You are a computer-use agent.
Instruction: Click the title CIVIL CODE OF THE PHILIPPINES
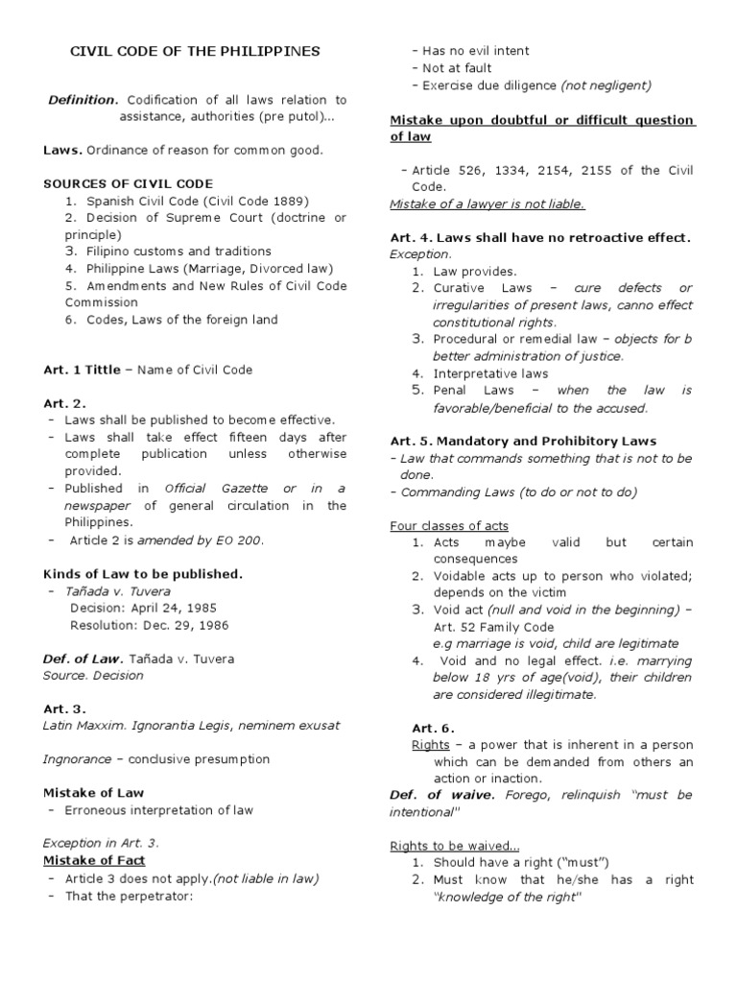[x=196, y=52]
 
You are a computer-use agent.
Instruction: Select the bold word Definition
[x=83, y=100]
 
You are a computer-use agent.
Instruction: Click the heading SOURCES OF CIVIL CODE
[x=129, y=183]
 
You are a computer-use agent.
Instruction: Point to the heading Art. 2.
[x=64, y=403]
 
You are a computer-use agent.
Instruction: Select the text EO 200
[x=241, y=540]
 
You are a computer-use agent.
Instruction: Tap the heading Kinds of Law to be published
[x=143, y=574]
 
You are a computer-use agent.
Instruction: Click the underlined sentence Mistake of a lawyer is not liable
[x=487, y=204]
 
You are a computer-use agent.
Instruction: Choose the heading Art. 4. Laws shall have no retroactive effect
[x=540, y=237]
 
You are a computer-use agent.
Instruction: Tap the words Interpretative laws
[x=490, y=373]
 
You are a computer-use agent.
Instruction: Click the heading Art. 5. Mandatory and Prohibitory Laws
[x=523, y=441]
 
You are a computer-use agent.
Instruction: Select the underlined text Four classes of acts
[x=449, y=525]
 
